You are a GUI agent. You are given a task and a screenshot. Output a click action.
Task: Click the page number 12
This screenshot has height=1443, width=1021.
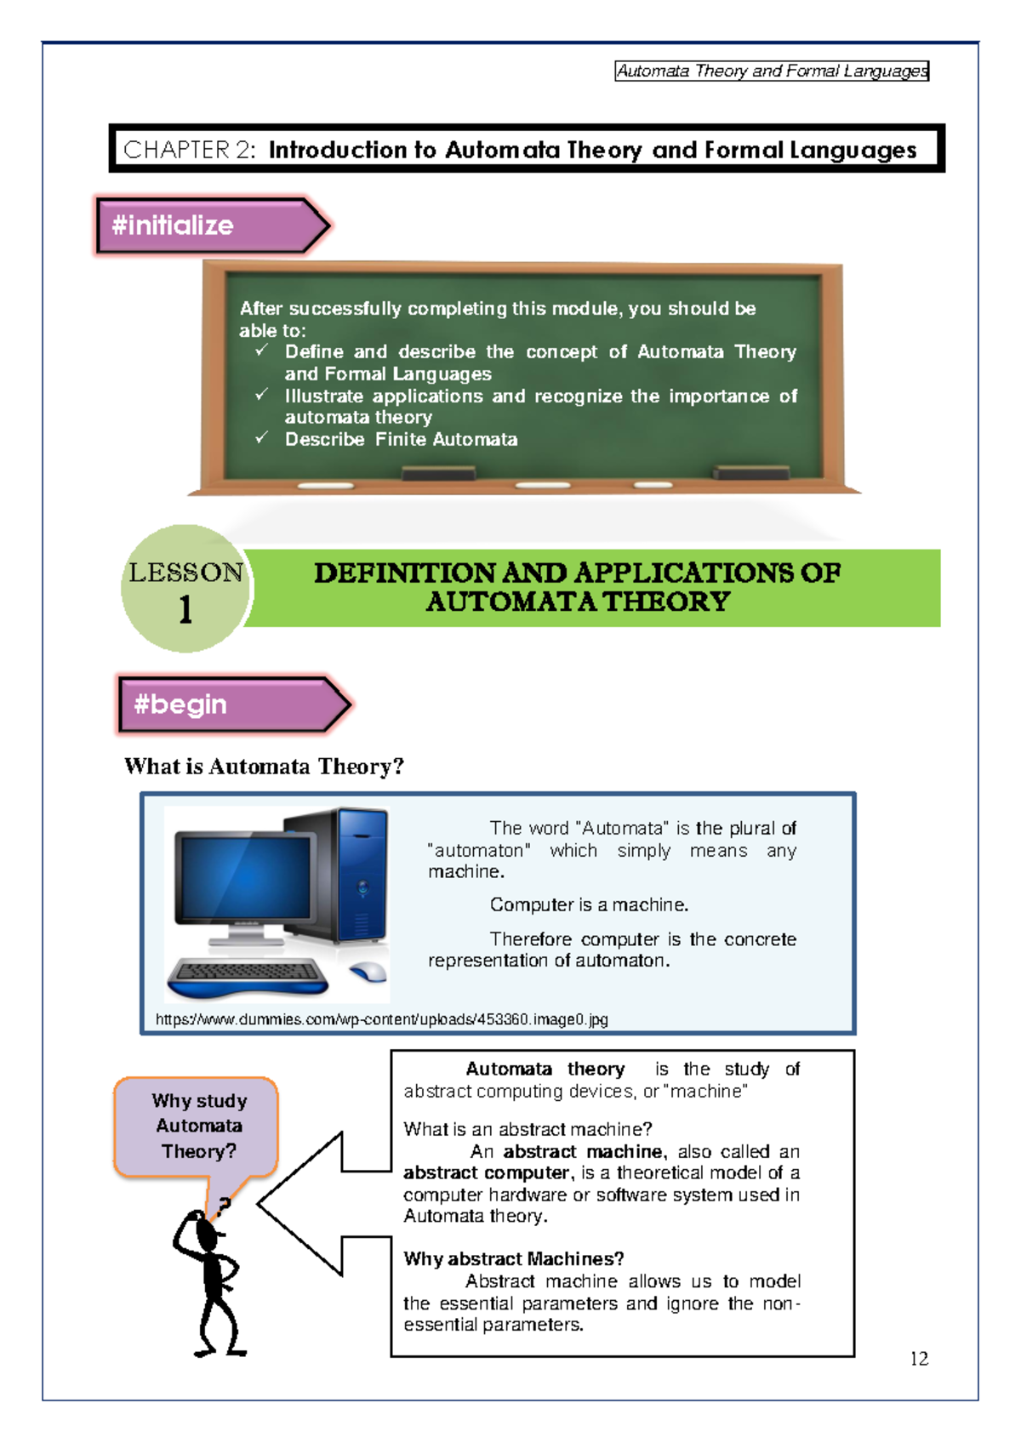click(x=919, y=1359)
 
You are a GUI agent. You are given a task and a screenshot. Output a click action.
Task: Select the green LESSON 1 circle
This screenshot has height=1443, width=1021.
click(x=185, y=590)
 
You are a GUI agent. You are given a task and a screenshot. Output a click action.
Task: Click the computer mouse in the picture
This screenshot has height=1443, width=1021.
click(x=368, y=972)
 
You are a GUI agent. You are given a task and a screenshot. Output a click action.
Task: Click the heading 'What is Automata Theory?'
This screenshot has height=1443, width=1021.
click(x=264, y=767)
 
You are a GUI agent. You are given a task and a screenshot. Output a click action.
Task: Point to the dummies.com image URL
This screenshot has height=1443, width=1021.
click(x=381, y=1019)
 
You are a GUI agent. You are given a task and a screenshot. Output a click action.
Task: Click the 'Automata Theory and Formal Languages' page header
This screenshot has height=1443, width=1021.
click(x=772, y=71)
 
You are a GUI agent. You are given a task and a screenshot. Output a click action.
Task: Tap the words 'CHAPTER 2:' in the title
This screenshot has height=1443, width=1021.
click(x=189, y=151)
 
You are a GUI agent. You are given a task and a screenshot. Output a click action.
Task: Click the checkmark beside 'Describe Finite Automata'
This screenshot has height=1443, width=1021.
click(x=262, y=438)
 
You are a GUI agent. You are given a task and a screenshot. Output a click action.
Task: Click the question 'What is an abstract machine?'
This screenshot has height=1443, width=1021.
click(x=528, y=1129)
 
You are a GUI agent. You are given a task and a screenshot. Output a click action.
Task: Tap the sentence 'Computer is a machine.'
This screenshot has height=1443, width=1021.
click(x=589, y=905)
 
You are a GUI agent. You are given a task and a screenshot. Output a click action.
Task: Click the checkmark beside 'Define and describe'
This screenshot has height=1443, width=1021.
click(x=262, y=351)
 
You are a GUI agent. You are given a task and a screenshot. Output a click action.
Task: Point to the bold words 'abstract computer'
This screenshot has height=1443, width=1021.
click(x=487, y=1173)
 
